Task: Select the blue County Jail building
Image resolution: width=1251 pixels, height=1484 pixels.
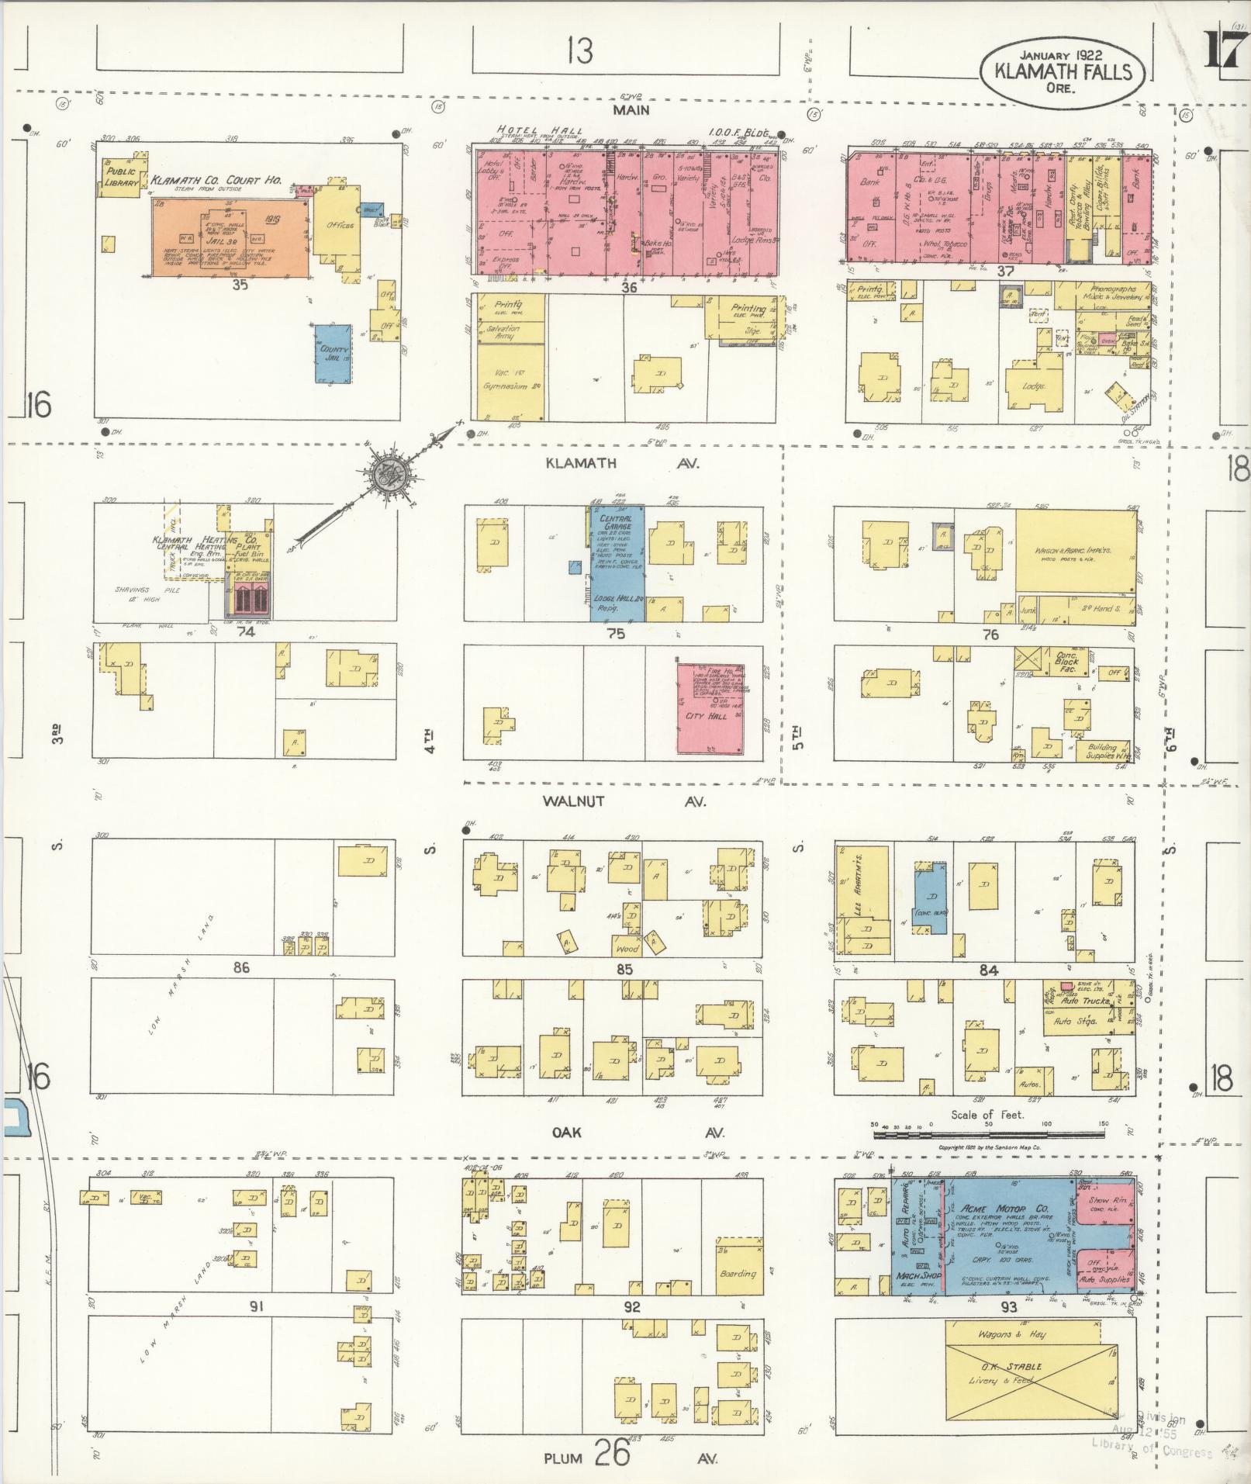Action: (x=333, y=353)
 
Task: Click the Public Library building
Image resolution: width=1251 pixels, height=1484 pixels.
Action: (x=120, y=176)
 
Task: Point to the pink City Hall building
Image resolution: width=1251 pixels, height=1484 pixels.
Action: (x=710, y=707)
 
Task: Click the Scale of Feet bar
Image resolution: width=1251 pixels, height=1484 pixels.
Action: (x=988, y=1135)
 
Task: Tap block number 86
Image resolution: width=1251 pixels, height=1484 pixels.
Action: (x=241, y=967)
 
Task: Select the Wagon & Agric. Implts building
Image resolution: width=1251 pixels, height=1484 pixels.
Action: (x=1073, y=552)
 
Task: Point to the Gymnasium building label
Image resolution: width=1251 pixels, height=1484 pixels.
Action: (x=505, y=386)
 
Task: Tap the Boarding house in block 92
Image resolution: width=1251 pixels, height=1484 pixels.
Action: (x=738, y=1274)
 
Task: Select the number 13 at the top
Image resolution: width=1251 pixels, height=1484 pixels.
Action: (x=579, y=51)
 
